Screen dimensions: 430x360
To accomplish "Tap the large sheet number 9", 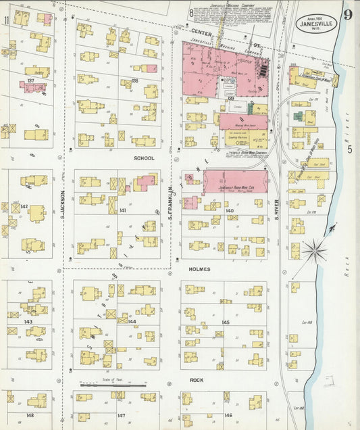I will point(346,14).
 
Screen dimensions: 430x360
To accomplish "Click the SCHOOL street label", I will point(144,158).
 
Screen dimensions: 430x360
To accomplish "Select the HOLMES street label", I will point(199,269).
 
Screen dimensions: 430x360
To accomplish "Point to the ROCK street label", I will point(197,380).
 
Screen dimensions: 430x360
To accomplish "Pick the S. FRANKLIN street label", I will point(171,201).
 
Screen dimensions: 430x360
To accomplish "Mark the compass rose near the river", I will point(314,252).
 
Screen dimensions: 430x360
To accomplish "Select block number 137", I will point(30,80).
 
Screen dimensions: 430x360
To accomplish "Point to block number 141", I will point(122,211).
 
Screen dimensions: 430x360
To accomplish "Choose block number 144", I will point(132,322).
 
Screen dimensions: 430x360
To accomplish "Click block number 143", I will point(28,322).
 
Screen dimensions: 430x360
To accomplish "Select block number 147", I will point(121,415).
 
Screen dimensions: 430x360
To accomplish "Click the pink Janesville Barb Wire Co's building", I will point(235,181).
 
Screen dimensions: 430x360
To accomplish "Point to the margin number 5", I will point(349,149).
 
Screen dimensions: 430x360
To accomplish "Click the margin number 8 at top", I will point(192,12).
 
